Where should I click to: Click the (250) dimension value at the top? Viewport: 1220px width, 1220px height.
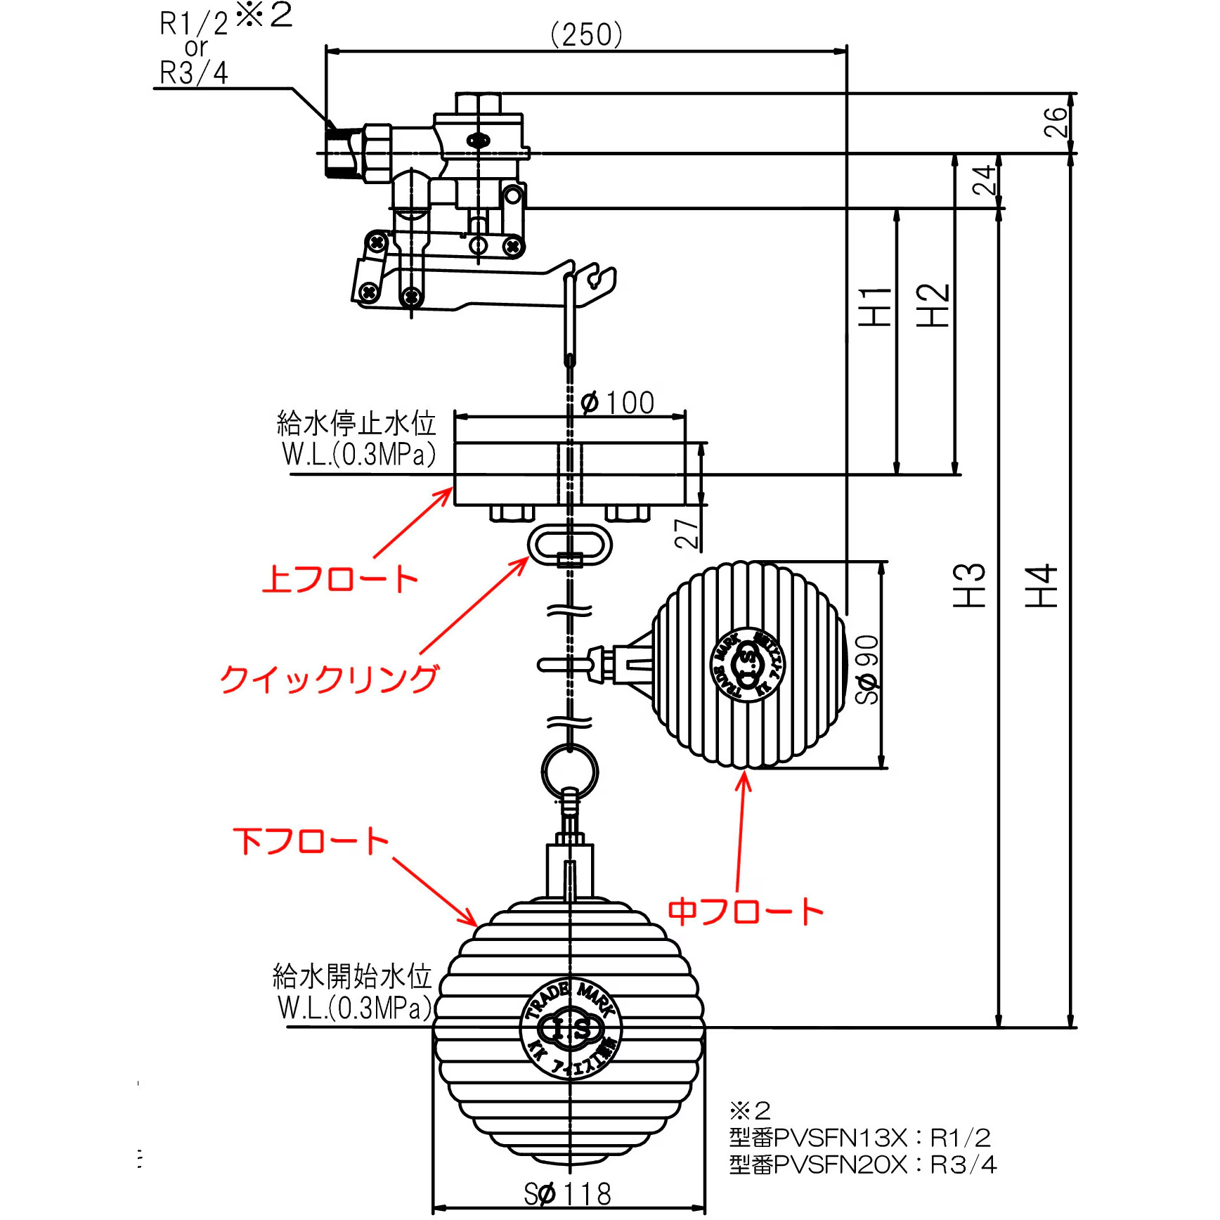[x=587, y=34]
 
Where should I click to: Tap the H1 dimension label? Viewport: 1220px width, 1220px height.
[x=876, y=306]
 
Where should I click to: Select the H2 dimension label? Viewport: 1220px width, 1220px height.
[x=933, y=306]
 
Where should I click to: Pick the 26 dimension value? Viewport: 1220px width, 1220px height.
[x=1056, y=122]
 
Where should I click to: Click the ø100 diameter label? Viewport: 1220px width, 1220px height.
[x=618, y=403]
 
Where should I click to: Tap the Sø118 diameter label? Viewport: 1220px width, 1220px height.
[x=567, y=1194]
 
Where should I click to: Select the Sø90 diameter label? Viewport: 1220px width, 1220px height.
[x=867, y=669]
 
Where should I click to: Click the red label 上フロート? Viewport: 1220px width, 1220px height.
[x=339, y=579]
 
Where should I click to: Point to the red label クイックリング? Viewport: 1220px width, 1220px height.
[x=329, y=679]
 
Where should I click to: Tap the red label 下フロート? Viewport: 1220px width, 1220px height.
[x=311, y=841]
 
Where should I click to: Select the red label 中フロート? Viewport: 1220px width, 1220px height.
[x=745, y=911]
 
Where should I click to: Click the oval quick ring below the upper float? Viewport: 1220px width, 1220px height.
[x=570, y=545]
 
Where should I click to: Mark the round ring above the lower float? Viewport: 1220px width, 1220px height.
[x=570, y=772]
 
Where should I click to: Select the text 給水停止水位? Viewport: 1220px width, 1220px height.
[x=356, y=424]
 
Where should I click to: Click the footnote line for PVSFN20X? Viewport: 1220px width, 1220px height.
[x=862, y=1165]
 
